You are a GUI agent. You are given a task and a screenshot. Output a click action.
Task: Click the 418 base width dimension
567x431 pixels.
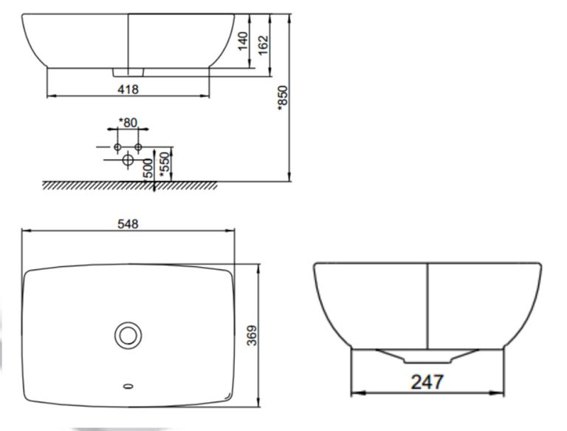coord(128,89)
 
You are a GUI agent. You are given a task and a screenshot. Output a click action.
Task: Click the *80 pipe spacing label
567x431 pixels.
coord(128,123)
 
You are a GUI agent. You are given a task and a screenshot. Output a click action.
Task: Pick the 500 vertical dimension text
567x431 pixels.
coord(148,167)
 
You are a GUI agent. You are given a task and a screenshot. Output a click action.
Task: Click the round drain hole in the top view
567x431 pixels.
coord(128,336)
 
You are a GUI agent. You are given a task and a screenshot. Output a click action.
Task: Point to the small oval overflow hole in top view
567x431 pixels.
coord(128,385)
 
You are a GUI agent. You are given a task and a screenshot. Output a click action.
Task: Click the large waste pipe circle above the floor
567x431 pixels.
coord(127,159)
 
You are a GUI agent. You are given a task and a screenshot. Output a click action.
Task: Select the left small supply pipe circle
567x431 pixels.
coord(117,148)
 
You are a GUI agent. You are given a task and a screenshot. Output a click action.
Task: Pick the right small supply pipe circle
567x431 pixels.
coord(138,148)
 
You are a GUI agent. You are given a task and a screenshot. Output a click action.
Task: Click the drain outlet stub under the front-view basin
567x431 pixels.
coord(128,72)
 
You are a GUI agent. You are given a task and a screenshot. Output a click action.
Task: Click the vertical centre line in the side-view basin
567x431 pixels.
coord(428,303)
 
